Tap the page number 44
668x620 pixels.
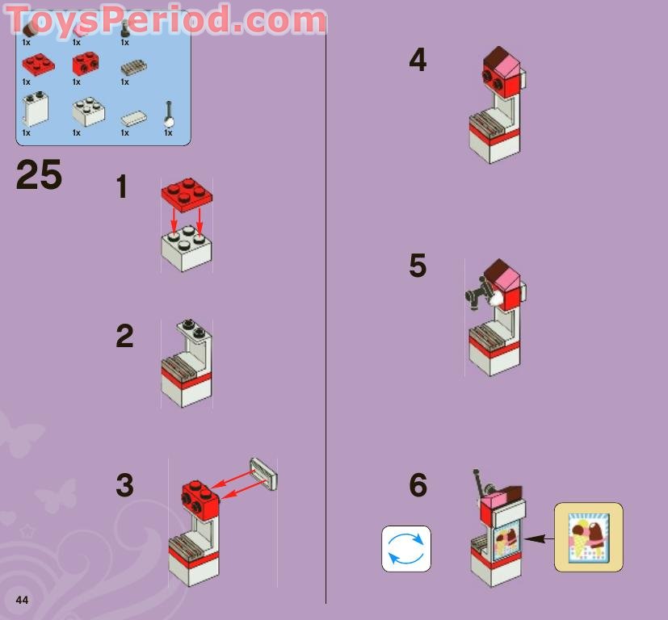pos(22,600)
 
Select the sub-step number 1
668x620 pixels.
pos(122,187)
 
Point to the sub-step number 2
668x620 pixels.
pos(124,336)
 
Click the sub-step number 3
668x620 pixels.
pos(124,485)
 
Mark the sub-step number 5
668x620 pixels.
pos(418,266)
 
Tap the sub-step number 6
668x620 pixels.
pos(418,485)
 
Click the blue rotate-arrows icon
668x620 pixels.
pos(406,549)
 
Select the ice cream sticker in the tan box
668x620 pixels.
pos(588,537)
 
